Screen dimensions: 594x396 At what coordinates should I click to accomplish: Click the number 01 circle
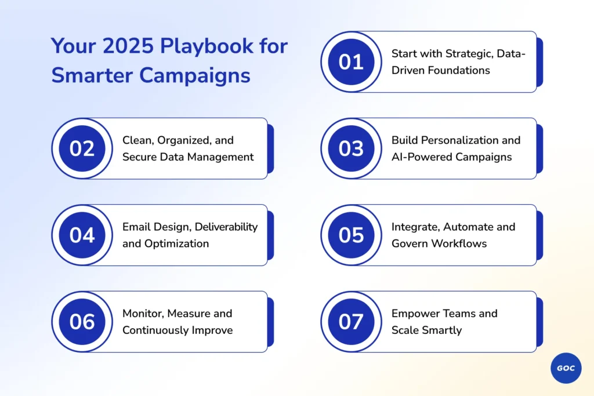(x=351, y=61)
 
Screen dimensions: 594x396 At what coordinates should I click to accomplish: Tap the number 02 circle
(x=82, y=148)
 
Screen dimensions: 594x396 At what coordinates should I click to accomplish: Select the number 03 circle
(x=351, y=148)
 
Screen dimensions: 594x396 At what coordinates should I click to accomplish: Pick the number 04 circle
(x=82, y=235)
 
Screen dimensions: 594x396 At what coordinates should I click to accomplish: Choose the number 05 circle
(x=351, y=235)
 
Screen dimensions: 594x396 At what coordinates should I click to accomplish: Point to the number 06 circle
(x=82, y=322)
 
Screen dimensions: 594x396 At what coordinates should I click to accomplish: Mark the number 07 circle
(x=351, y=322)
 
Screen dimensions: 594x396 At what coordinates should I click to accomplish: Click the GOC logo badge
(x=566, y=368)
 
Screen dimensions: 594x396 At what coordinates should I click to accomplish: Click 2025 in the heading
(x=128, y=46)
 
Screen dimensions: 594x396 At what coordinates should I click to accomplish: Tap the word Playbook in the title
(x=207, y=46)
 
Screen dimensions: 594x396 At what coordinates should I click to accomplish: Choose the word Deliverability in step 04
(x=226, y=227)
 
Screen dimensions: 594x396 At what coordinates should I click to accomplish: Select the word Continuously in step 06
(x=155, y=330)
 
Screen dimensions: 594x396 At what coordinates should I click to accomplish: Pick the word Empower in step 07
(x=413, y=314)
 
